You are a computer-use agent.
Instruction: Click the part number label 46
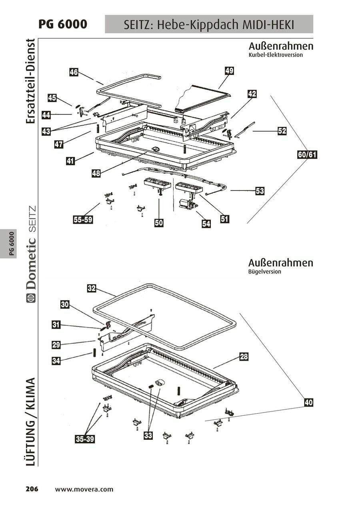(74, 72)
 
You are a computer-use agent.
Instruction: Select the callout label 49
(229, 71)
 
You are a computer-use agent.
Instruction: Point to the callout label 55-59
(83, 219)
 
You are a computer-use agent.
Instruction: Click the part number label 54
(206, 224)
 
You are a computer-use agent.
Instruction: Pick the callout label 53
(260, 191)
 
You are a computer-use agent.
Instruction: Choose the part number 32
(92, 288)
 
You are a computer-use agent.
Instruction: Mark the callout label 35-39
(85, 439)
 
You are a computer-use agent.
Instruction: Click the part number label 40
(308, 403)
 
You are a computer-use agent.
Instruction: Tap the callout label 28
(244, 357)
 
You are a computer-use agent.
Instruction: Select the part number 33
(148, 436)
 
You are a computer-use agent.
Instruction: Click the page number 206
(32, 489)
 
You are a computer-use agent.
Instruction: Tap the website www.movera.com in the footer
(84, 489)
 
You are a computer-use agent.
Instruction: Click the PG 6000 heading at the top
(62, 24)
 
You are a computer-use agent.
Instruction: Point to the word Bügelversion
(264, 272)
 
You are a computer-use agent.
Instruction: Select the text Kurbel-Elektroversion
(276, 55)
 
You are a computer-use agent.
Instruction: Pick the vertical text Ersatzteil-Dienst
(31, 82)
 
